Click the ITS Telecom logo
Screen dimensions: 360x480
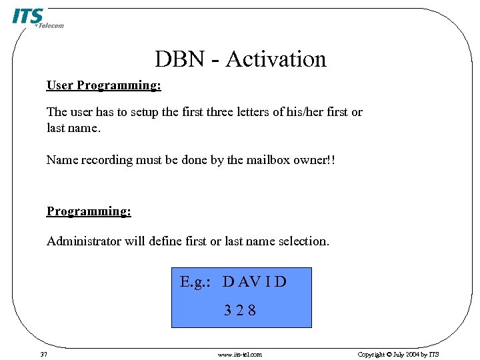37,18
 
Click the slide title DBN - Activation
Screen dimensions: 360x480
241,59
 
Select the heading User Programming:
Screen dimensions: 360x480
103,85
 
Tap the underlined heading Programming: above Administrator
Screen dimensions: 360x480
89,211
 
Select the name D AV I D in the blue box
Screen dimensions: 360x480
255,282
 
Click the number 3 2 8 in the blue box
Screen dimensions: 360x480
240,310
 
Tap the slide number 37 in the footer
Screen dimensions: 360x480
43,354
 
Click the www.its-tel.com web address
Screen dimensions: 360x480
240,354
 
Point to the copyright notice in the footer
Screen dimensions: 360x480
398,354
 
